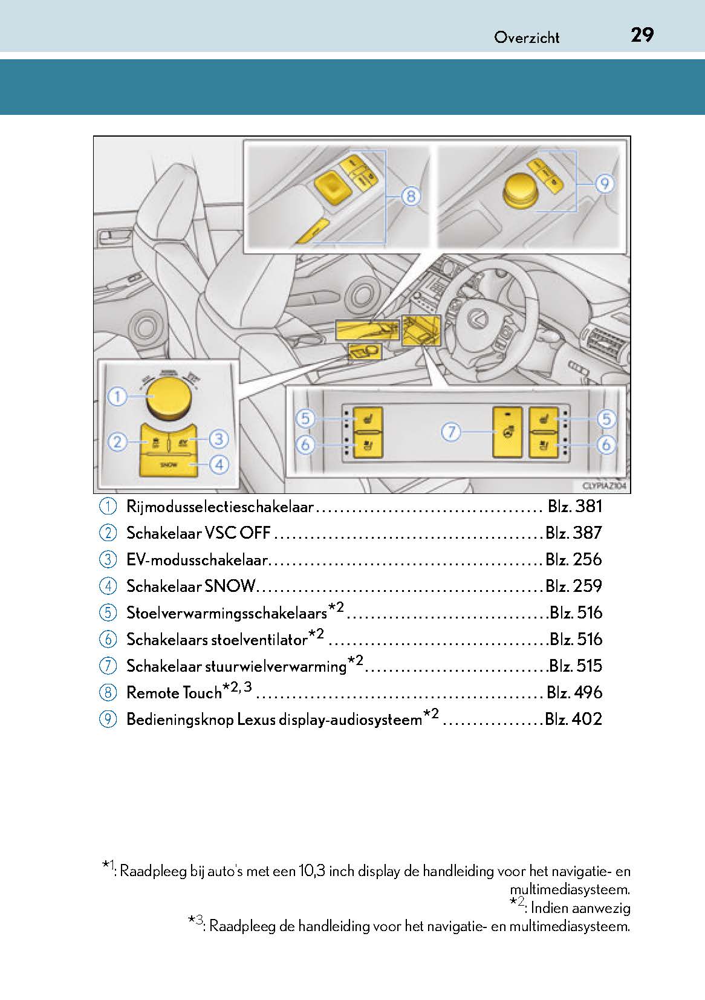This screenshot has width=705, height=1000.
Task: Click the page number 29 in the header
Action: point(642,35)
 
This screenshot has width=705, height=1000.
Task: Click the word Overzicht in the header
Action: point(527,37)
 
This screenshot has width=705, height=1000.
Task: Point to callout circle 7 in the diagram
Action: point(452,432)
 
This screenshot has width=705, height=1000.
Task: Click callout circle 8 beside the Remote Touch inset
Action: point(410,196)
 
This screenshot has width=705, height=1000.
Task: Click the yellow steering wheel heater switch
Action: point(507,432)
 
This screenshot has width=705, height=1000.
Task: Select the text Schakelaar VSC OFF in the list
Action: point(198,533)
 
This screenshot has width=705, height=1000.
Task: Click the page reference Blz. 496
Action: point(574,692)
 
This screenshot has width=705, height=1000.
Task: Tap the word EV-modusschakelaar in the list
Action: point(197,560)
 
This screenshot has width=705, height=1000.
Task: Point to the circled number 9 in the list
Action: point(108,719)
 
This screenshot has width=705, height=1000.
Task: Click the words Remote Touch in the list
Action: point(174,693)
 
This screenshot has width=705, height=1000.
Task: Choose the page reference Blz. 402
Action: point(573,719)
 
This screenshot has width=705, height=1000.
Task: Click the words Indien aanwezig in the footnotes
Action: point(580,908)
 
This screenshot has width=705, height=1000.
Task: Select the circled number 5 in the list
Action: point(108,612)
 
